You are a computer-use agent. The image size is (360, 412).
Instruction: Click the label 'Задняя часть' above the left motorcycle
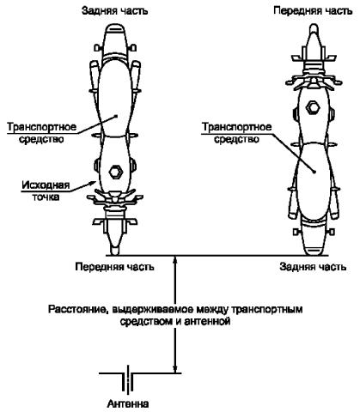(115, 11)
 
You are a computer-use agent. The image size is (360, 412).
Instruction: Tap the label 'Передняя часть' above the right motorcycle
(313, 11)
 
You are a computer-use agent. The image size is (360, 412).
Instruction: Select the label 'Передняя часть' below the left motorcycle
(114, 267)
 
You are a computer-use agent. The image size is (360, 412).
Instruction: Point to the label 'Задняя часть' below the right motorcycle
(313, 267)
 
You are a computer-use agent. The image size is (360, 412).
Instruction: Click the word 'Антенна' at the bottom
(128, 404)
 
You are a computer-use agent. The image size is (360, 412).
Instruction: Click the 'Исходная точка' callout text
(46, 191)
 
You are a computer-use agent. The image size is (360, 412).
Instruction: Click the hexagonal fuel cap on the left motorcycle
(116, 172)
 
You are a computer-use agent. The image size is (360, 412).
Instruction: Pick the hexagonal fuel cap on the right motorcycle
(313, 108)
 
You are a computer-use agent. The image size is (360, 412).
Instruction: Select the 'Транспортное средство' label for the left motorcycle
(42, 133)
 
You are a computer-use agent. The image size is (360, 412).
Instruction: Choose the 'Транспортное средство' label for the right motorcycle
(236, 133)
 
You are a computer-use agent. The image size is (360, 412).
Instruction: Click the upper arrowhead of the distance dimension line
(175, 260)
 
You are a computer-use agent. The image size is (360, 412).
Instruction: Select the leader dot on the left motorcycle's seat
(116, 116)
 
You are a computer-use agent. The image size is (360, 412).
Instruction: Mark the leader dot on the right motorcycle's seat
(314, 172)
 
